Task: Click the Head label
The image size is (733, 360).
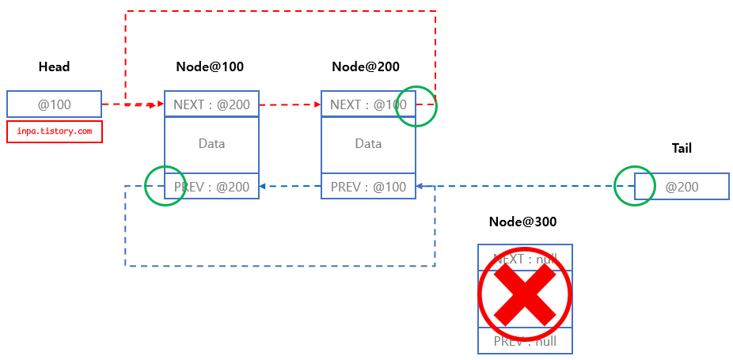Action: coord(54,67)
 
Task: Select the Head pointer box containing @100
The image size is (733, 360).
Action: coord(54,104)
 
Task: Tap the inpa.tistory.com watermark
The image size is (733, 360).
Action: coord(55,131)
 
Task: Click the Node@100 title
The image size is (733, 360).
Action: coord(210,67)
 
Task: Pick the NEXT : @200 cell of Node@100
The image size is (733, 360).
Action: coord(211,104)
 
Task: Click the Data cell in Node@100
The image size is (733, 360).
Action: coord(211,144)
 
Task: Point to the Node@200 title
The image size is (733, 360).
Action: coord(366,67)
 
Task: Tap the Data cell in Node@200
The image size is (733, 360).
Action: coord(368,144)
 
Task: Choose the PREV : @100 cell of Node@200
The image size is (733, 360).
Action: coord(368,187)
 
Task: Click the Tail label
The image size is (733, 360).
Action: coord(682,148)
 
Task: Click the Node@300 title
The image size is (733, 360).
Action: coord(522,222)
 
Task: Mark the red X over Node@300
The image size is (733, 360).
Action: coord(525,294)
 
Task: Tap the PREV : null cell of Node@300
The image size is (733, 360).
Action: coord(525,342)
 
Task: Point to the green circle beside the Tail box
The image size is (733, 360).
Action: coord(635,186)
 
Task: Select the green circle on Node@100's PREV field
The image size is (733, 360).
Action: coord(165,185)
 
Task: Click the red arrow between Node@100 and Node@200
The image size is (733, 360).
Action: coord(290,104)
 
